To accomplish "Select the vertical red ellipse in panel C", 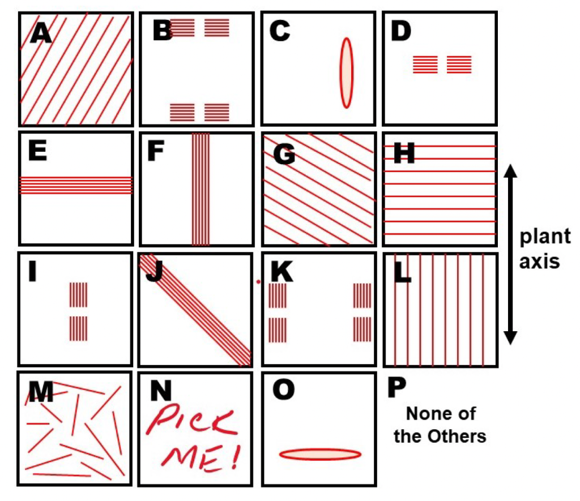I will point(346,72).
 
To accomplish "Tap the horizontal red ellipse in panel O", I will point(320,454).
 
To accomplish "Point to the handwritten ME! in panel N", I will point(193,458).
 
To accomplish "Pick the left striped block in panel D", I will point(425,65).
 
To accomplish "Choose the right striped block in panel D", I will point(459,65).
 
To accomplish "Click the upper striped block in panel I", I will point(79,295).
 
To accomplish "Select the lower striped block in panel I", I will point(79,329).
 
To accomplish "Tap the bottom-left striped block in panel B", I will point(182,112).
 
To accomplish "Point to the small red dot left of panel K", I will point(258,281).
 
